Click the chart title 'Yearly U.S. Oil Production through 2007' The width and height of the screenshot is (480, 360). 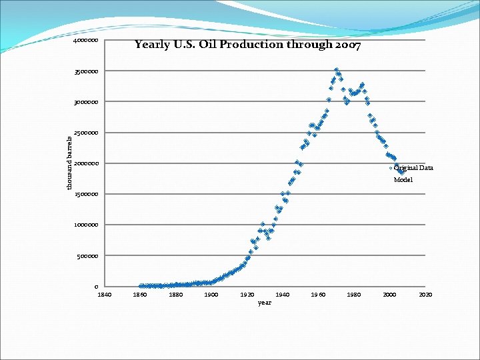(247, 45)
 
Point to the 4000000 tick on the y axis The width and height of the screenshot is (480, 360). (87, 41)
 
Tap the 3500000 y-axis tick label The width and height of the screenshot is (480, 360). (87, 71)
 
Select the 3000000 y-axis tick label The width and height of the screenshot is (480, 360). (87, 102)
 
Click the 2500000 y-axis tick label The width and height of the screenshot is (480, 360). (87, 133)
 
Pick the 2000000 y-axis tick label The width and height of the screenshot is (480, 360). (87, 163)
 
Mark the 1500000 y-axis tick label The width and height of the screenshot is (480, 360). (87, 194)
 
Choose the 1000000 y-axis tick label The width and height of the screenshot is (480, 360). (87, 225)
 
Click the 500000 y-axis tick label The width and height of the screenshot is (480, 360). (89, 255)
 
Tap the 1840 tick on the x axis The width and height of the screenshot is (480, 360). (105, 294)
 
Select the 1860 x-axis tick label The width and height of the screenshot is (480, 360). (140, 294)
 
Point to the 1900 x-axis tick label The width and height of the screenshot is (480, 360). (211, 294)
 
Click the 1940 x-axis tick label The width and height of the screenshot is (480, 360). (283, 294)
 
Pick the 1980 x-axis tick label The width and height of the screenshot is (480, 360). (354, 294)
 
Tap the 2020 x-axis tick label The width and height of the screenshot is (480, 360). (425, 294)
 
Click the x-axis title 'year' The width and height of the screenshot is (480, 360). (265, 303)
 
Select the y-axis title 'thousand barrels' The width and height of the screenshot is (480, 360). (69, 161)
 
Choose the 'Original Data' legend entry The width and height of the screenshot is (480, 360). (413, 168)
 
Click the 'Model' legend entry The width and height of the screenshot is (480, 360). (403, 180)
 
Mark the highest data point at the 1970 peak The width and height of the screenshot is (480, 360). (337, 69)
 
